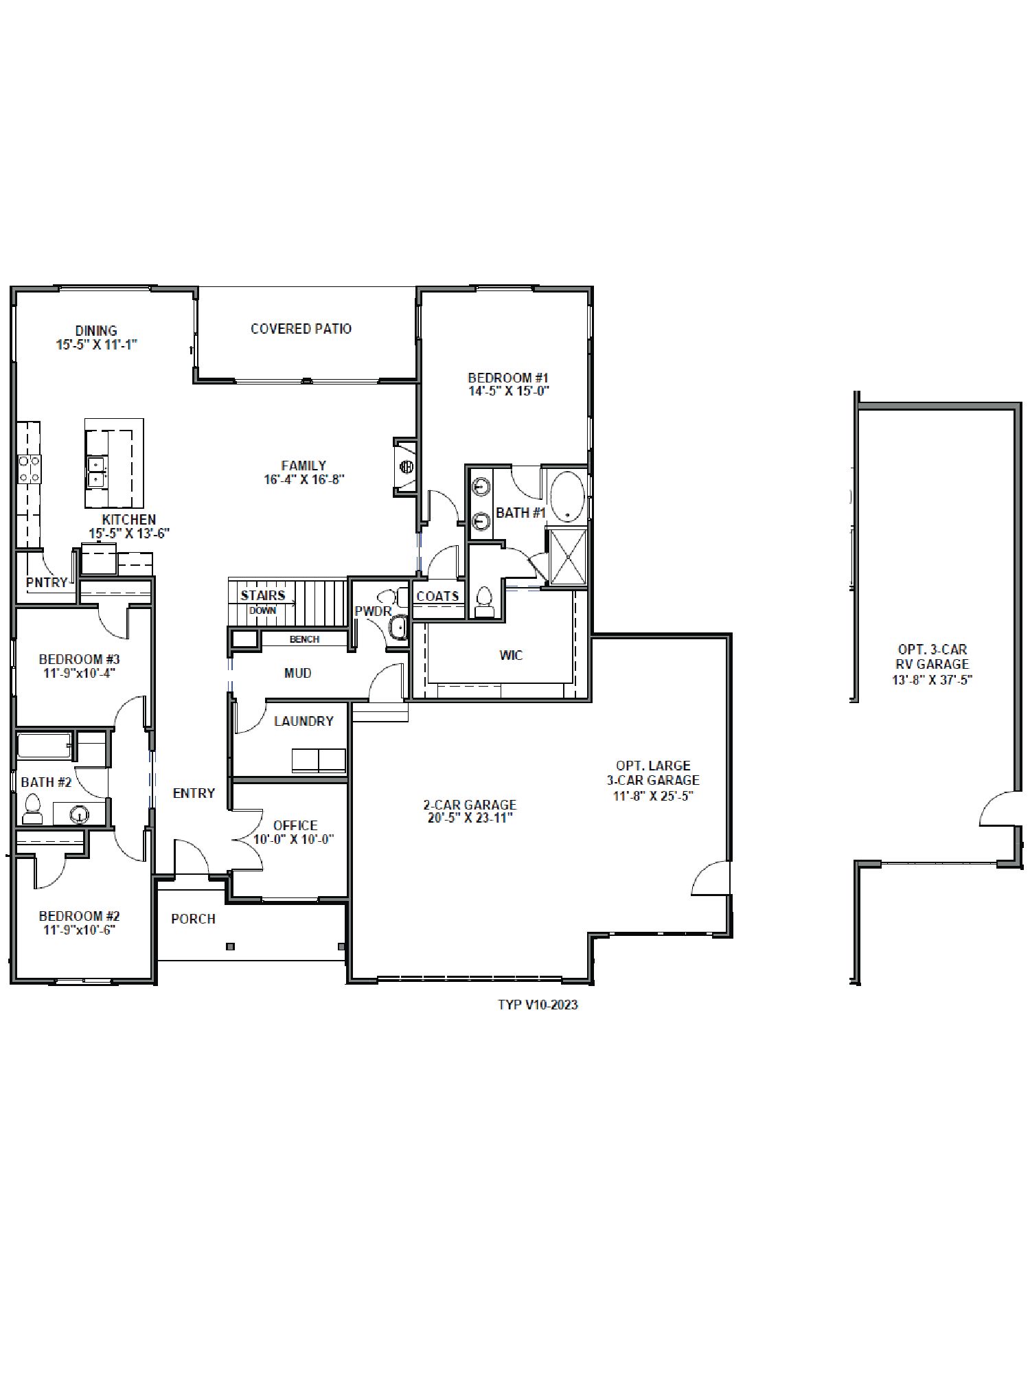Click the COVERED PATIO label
pyautogui.click(x=301, y=329)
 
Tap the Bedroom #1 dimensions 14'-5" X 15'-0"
pyautogui.click(x=508, y=391)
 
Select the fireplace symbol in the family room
pyautogui.click(x=406, y=467)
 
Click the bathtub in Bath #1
pyautogui.click(x=567, y=496)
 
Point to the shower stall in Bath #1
pyautogui.click(x=567, y=556)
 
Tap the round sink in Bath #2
pyautogui.click(x=80, y=814)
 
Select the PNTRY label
pyautogui.click(x=47, y=582)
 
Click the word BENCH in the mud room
pyautogui.click(x=304, y=639)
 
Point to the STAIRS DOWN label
pyautogui.click(x=263, y=602)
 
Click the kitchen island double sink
pyautogui.click(x=96, y=471)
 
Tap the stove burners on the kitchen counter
pyautogui.click(x=29, y=468)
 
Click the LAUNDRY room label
pyautogui.click(x=304, y=721)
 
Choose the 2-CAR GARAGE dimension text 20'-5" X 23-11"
pyautogui.click(x=470, y=818)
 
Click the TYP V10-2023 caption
pyautogui.click(x=538, y=1005)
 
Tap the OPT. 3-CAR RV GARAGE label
pyautogui.click(x=932, y=664)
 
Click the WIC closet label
pyautogui.click(x=511, y=655)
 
